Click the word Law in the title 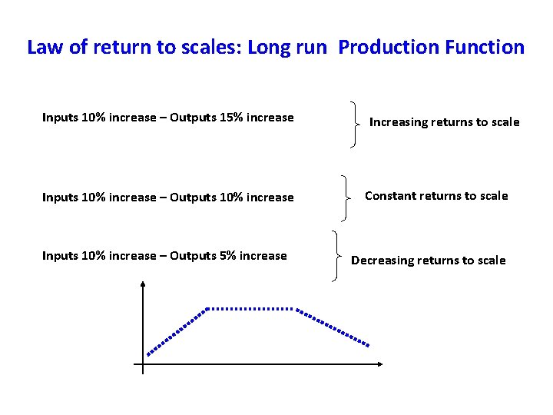point(43,47)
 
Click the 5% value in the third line point(229,256)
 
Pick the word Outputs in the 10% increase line point(193,198)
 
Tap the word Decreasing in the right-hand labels point(382,261)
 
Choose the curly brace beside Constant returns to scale point(347,197)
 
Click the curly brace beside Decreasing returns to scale point(336,256)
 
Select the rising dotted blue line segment point(177,331)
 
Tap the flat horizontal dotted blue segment point(251,308)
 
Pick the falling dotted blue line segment point(334,327)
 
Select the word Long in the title point(267,47)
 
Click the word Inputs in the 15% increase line point(60,118)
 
